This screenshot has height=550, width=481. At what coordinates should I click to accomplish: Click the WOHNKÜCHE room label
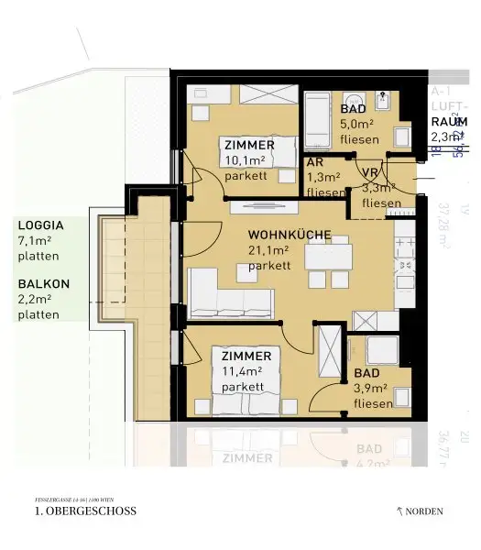coord(289,235)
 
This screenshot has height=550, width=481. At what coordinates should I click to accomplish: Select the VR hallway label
coord(370,172)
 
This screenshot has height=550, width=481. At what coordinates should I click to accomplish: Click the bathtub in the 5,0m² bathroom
coord(319,115)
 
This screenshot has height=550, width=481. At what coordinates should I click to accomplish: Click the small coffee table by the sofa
coord(242,269)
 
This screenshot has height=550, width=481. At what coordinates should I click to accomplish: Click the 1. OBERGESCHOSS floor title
coord(84,511)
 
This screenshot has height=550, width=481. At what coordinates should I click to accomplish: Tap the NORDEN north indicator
coord(423,511)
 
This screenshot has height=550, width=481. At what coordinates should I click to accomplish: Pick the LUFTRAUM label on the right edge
coord(447,121)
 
